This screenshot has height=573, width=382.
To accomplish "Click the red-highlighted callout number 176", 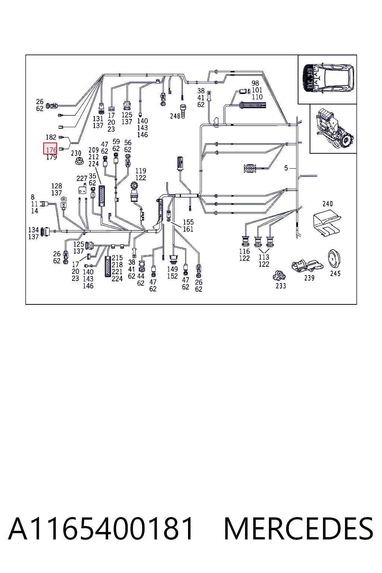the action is pos(51,150).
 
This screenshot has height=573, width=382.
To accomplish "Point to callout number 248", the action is pos(175,116).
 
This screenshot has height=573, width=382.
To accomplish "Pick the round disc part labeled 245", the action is pos(334,259).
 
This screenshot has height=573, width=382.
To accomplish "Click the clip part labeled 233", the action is pos(279,276).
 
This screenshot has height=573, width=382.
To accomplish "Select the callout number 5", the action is pos(286,168).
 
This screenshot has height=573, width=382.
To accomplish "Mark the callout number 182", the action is pos(51,137).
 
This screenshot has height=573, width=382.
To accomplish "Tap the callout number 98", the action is pos(255,83).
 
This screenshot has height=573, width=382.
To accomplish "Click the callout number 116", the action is pos(244,251).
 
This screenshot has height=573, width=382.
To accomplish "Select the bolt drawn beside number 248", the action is pos(183,111).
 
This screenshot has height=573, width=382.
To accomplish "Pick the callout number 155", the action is pos(188,222).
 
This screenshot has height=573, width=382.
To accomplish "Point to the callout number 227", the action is pos(82,178).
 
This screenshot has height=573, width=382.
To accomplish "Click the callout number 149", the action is pos(172,269).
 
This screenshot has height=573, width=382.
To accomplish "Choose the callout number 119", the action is pos(141,170).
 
